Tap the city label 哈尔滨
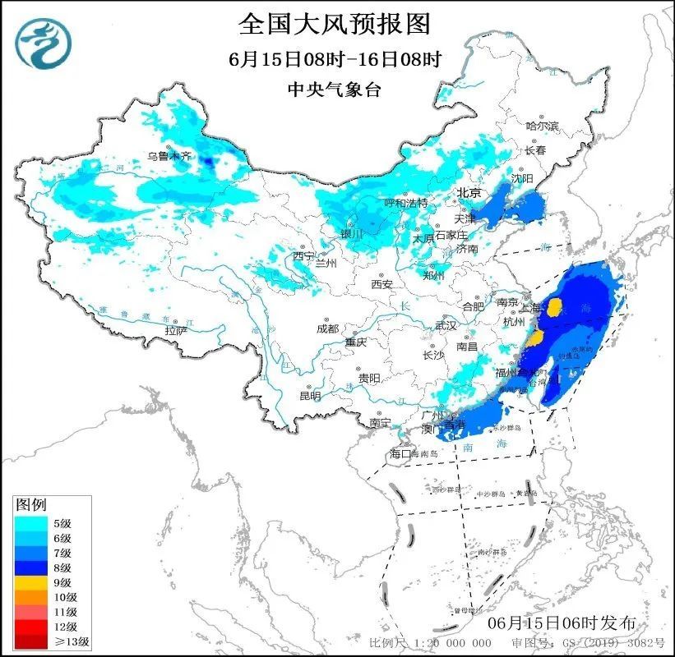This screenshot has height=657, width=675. pos(543,126)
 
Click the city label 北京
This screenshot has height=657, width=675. pos(469,193)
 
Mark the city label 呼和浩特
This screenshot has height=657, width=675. pos(406,203)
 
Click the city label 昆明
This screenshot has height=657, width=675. pos(310,396)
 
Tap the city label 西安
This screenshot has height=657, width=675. pos(381,284)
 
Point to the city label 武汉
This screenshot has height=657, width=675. pos(445,326)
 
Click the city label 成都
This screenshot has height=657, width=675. pos(327,328)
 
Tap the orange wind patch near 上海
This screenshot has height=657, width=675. pos(555,308)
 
